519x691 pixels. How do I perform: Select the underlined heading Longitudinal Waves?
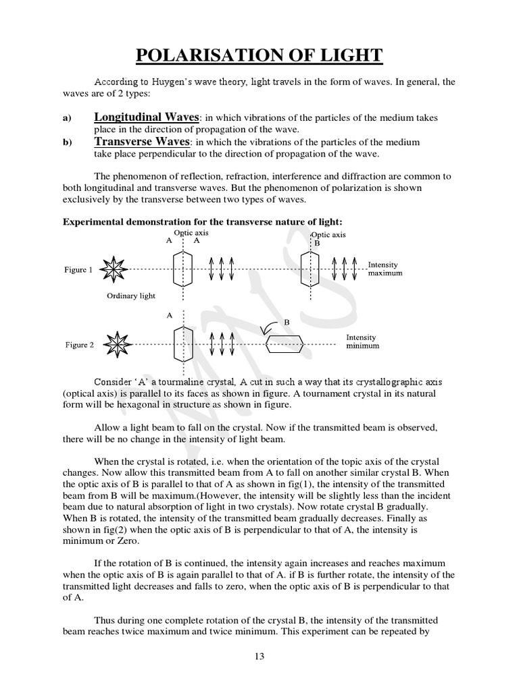(x=146, y=117)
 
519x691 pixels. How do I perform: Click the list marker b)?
(x=67, y=143)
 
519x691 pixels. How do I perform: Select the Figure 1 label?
(x=79, y=270)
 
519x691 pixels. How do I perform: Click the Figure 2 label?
(x=79, y=345)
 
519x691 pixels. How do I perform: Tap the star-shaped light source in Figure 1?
(x=112, y=269)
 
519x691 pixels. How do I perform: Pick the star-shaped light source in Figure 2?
(x=112, y=345)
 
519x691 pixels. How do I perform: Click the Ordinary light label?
(x=131, y=296)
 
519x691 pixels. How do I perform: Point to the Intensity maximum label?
(x=385, y=269)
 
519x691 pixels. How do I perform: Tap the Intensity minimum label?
(x=362, y=341)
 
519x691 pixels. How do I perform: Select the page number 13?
(x=259, y=656)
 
